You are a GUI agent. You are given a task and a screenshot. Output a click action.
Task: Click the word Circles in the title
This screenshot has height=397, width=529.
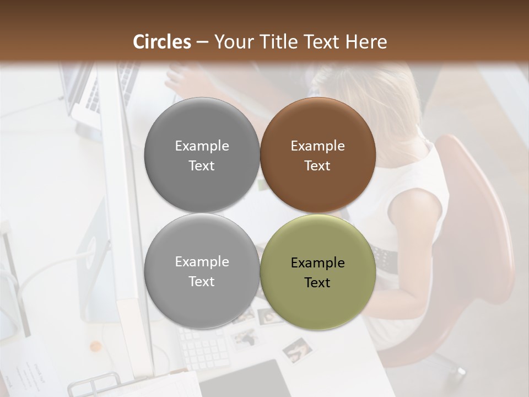162,42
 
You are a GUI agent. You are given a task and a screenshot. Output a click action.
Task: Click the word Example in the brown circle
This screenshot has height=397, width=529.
318,146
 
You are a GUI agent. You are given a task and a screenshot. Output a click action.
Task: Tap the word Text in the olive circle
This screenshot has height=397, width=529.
317,282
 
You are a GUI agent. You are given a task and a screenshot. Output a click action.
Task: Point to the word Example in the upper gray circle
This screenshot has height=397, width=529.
202,146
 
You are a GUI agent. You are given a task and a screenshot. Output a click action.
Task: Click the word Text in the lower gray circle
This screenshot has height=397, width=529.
202,281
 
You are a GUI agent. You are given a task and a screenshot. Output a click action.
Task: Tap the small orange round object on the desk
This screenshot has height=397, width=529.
96,347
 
